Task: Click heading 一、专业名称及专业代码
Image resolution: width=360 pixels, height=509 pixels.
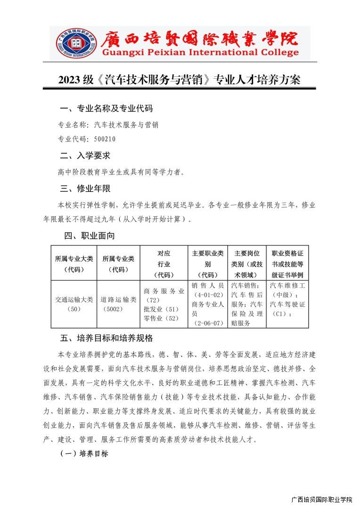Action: [106, 109]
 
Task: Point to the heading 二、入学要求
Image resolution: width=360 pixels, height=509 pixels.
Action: [85, 156]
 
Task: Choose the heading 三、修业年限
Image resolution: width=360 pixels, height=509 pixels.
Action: [85, 189]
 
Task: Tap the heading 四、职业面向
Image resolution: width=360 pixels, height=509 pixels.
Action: [90, 236]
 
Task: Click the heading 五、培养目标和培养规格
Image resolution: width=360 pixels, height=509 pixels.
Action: [106, 338]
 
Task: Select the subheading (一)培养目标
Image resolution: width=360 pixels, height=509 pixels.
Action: [84, 454]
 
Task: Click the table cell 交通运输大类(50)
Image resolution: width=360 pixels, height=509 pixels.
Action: [74, 304]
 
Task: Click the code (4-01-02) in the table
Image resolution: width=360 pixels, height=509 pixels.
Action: [208, 295]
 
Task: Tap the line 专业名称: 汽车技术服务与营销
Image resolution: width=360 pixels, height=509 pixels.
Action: [108, 125]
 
